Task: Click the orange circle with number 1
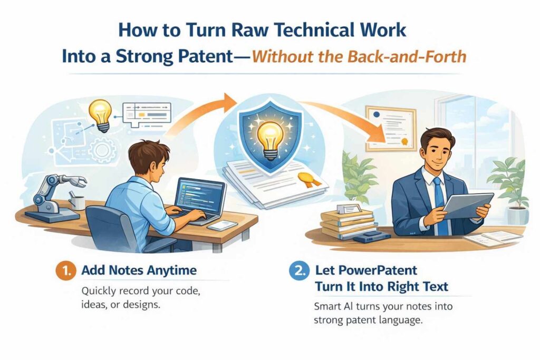pos(63,271)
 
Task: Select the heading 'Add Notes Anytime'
pos(139,271)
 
